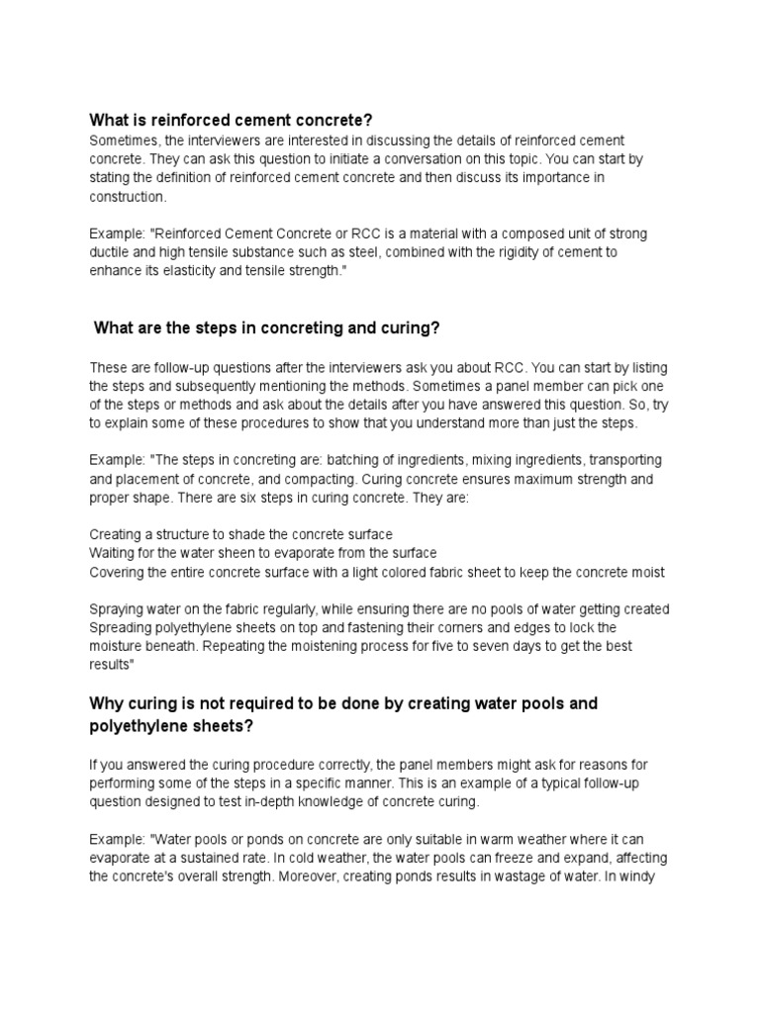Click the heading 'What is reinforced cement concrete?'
point(231,121)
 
